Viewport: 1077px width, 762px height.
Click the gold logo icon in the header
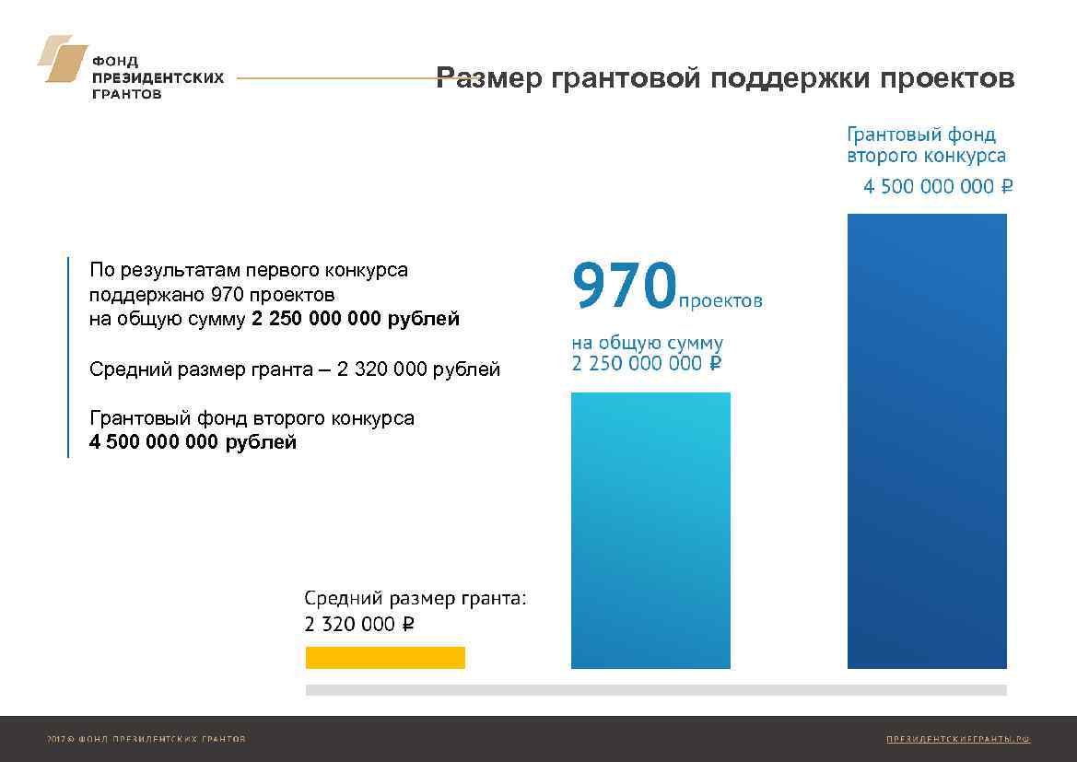[63, 59]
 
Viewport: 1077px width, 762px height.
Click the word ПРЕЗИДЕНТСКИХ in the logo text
[158, 78]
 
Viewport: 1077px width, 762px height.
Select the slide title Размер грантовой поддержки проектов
[725, 78]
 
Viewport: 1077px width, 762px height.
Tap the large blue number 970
[625, 286]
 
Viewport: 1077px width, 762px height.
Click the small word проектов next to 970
[720, 301]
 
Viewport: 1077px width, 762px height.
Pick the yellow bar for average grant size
[385, 657]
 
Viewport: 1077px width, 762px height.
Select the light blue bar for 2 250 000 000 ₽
[650, 530]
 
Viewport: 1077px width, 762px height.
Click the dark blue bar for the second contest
[927, 440]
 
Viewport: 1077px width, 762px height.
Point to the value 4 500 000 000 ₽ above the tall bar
[938, 187]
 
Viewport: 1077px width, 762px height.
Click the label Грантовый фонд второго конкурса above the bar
[926, 146]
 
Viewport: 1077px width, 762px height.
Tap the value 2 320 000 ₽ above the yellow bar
[359, 625]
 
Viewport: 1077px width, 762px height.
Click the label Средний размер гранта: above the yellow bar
[416, 598]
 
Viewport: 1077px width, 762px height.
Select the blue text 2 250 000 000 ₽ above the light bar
[646, 364]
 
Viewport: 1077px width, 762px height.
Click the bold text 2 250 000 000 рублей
[355, 320]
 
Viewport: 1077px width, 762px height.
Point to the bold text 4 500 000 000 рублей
[193, 442]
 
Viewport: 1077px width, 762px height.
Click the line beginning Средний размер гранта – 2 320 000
[295, 370]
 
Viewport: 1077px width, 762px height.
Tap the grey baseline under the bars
[656, 690]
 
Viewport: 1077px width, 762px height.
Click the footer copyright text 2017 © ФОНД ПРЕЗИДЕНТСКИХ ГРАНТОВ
[146, 739]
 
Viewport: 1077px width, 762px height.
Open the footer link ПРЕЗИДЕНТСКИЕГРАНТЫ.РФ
[957, 739]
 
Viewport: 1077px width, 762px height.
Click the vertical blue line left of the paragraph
[68, 357]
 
